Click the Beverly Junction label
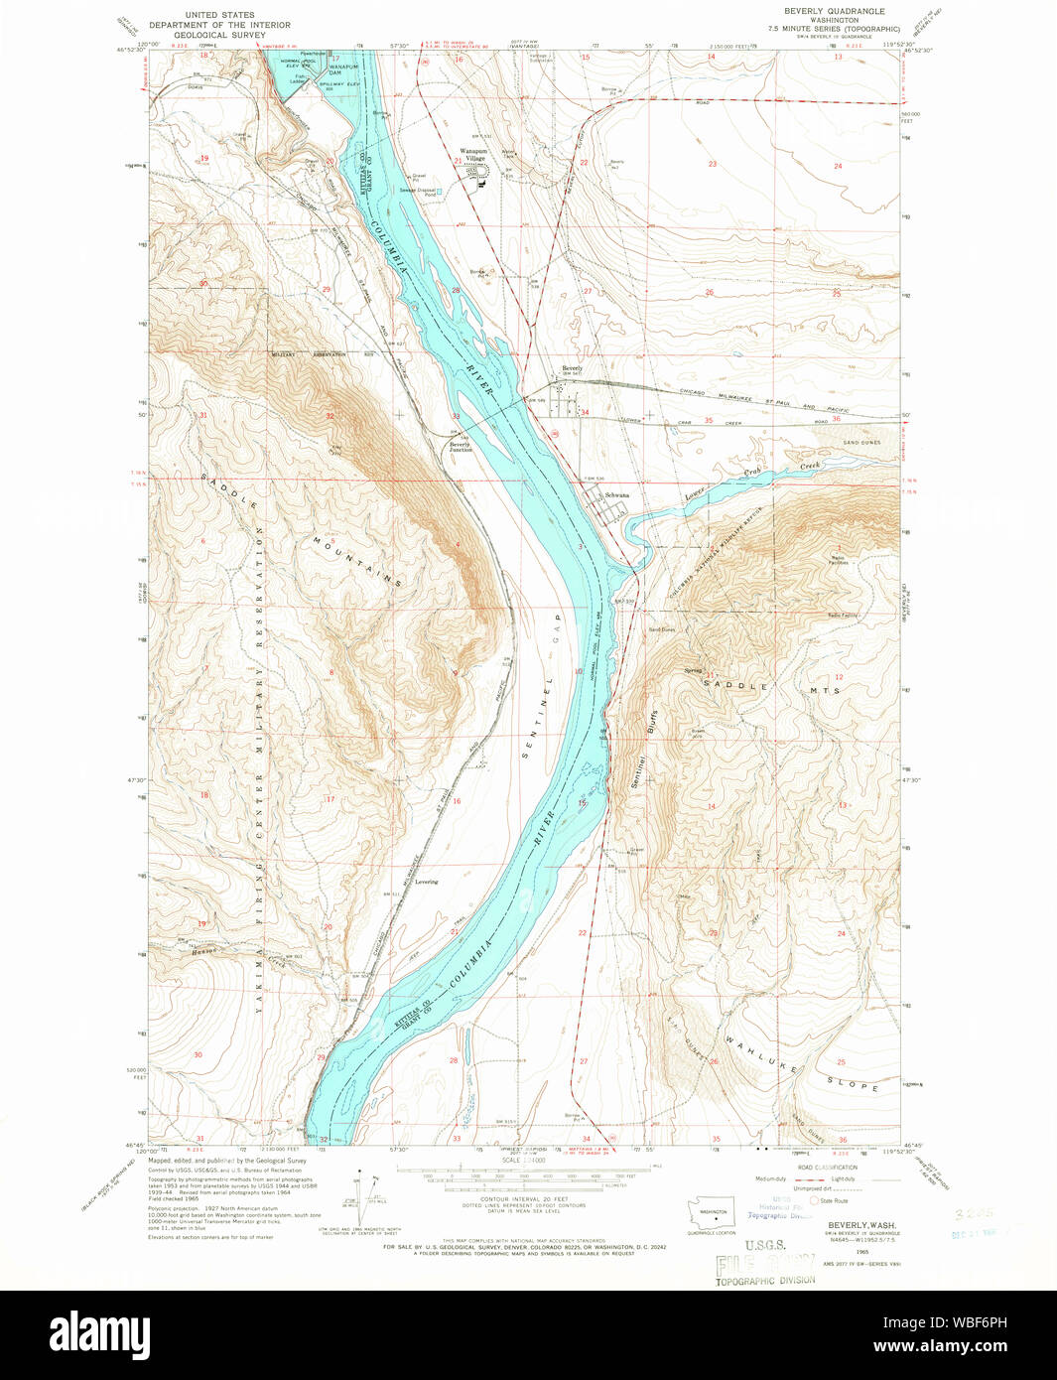(x=461, y=447)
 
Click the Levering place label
(x=427, y=882)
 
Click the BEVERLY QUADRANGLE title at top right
(x=834, y=11)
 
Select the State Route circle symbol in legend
(x=814, y=1200)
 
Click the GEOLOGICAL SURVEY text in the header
(x=219, y=35)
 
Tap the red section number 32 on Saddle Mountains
(x=330, y=416)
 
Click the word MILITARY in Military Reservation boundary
(x=287, y=354)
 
